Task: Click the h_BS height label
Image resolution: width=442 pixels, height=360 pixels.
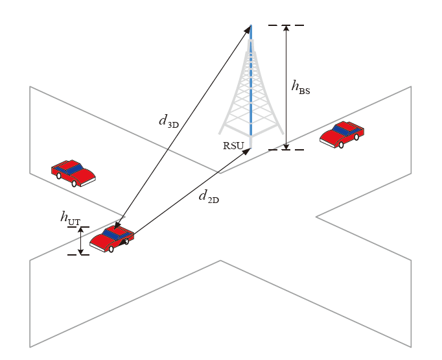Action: click(x=301, y=86)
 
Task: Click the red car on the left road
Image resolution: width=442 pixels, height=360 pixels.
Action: click(x=73, y=173)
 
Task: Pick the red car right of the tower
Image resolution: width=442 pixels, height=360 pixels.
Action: click(x=342, y=134)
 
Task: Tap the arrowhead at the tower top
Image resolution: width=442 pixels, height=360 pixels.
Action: click(x=250, y=29)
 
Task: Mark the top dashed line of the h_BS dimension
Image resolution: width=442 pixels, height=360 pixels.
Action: click(x=286, y=25)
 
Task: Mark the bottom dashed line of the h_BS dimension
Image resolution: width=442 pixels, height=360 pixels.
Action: click(x=286, y=150)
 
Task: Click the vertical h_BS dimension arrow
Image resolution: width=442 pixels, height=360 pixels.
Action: click(x=286, y=88)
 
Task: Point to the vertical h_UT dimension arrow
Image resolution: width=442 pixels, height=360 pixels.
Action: click(x=80, y=240)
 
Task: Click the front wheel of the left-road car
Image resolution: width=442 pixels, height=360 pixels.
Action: click(x=74, y=184)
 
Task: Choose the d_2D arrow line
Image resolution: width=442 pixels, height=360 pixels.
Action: click(x=188, y=190)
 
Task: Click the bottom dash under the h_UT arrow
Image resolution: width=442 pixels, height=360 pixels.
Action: click(x=78, y=254)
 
